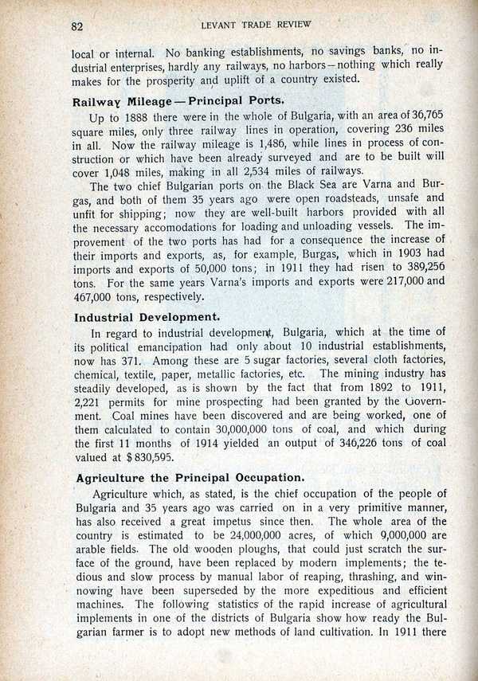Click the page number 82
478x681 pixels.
[x=77, y=25]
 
